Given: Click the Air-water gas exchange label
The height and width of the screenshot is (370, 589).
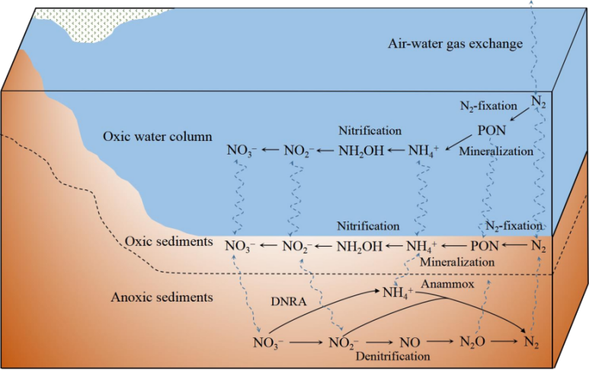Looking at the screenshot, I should tap(454, 43).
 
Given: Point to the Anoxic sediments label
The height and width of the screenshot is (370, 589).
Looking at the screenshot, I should tap(162, 296).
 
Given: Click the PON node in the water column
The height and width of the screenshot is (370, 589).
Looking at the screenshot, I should tap(491, 130).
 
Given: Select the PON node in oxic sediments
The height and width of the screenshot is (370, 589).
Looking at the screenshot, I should tap(484, 246).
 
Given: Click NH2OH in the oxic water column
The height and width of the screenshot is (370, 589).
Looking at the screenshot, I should tap(361, 151).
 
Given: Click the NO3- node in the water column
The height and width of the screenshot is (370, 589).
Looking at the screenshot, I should tap(243, 151).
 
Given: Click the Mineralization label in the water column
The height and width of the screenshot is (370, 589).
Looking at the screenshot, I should tap(496, 152).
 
